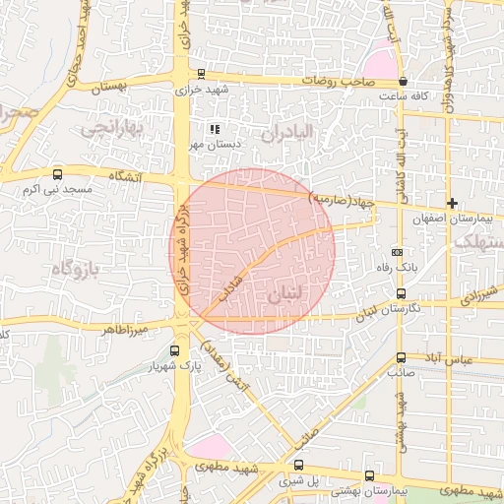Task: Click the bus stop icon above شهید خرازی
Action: [202, 73]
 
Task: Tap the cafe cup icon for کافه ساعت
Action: [403, 81]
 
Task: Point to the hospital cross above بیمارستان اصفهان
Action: [452, 202]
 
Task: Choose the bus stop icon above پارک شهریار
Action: [175, 350]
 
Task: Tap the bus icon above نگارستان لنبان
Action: [401, 293]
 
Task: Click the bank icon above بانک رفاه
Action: [397, 252]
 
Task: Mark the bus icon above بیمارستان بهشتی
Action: [369, 473]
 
